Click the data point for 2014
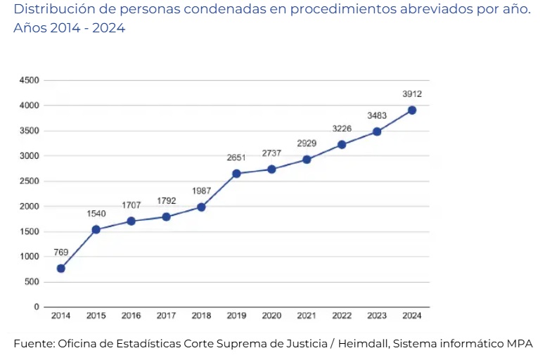pos(61,268)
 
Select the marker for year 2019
pos(236,173)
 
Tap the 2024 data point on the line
pos(412,110)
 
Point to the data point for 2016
pos(132,221)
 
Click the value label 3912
pos(412,94)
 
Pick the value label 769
pos(61,252)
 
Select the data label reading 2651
pos(236,157)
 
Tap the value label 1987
pos(201,191)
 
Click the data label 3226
pos(342,128)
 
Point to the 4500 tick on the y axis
pos(30,80)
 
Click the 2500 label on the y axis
pos(30,181)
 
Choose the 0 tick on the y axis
pos(36,307)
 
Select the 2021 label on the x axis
pos(307,316)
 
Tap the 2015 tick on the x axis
pos(96,316)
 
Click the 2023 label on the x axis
pos(377,316)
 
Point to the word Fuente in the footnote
pos(33,344)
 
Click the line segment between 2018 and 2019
pos(219,190)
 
